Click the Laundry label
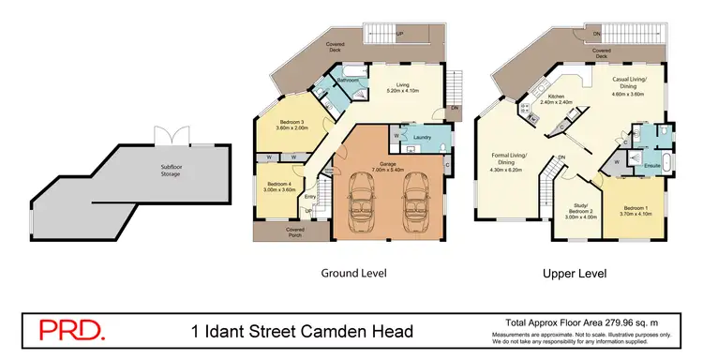pos(423,138)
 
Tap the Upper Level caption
pos(574,274)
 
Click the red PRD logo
pos(71,331)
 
